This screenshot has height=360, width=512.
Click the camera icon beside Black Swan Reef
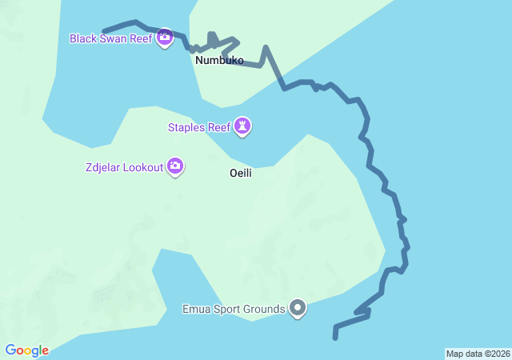click(x=165, y=36)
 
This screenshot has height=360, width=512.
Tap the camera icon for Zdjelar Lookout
click(x=175, y=166)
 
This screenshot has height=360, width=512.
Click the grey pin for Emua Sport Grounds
click(x=298, y=307)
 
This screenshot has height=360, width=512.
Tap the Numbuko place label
click(x=219, y=60)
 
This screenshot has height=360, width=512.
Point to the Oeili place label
click(x=241, y=173)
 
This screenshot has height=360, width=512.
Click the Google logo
click(x=27, y=350)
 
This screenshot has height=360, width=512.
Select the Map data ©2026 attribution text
click(x=477, y=354)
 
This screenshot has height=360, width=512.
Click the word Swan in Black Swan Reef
click(x=114, y=38)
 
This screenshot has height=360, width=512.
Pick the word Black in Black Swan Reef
click(x=84, y=38)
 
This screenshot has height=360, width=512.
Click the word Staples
click(x=186, y=127)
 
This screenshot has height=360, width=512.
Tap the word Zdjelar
click(x=105, y=167)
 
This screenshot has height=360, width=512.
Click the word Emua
click(x=197, y=309)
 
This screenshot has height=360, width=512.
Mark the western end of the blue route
click(x=105, y=31)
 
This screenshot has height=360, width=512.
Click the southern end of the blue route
click(x=335, y=338)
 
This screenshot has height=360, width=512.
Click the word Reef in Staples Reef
click(x=218, y=127)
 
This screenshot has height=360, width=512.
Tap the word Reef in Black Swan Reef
click(x=142, y=38)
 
